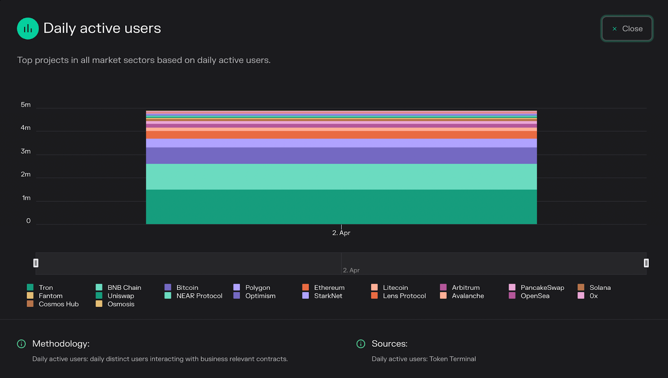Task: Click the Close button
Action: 627,29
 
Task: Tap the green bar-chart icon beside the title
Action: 28,28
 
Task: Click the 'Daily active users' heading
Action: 102,28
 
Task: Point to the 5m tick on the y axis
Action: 25,105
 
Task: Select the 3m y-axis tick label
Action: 25,151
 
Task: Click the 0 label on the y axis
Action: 28,221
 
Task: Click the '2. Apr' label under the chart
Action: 341,233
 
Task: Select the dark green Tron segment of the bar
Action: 341,207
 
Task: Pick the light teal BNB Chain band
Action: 341,177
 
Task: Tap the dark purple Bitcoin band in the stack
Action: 341,155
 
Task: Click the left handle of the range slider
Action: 36,263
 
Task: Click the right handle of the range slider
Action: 646,263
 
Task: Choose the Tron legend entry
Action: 46,288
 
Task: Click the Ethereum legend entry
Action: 329,288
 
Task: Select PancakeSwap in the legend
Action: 542,288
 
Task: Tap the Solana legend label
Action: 600,288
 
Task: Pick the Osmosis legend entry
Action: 121,304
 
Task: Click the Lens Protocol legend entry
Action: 404,296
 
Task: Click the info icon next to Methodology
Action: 21,344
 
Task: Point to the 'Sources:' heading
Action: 390,344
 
